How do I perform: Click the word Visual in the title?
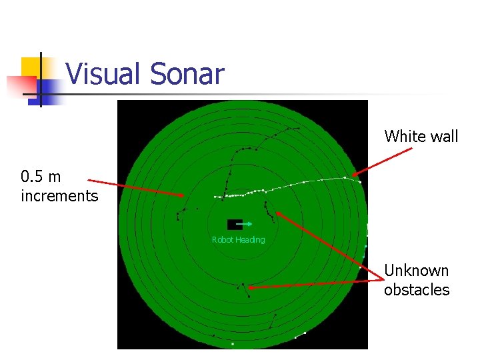[105, 74]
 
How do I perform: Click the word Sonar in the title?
[187, 74]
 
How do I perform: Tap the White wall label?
[421, 137]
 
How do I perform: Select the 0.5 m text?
[41, 177]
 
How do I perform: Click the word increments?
[59, 196]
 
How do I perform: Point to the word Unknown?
[417, 271]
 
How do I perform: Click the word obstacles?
[417, 290]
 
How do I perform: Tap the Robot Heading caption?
[238, 240]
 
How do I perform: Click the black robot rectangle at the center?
[234, 225]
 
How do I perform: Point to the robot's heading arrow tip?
[251, 225]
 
